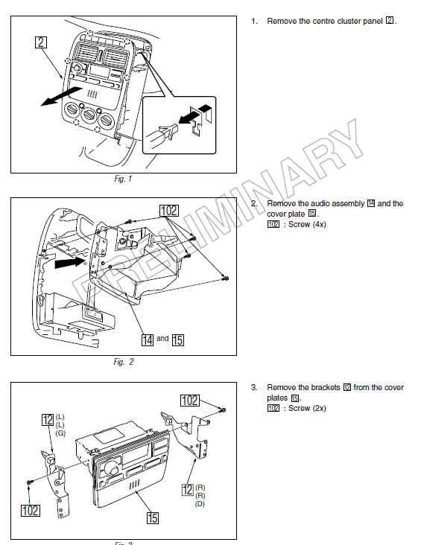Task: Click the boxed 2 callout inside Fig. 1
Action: tap(42, 43)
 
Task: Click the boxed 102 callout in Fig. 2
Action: tap(169, 210)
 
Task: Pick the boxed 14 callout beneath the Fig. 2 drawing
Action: tap(148, 340)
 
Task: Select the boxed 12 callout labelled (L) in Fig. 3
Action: tap(48, 419)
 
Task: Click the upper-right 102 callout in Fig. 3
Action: tap(190, 401)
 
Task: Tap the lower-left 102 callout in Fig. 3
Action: tap(31, 510)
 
